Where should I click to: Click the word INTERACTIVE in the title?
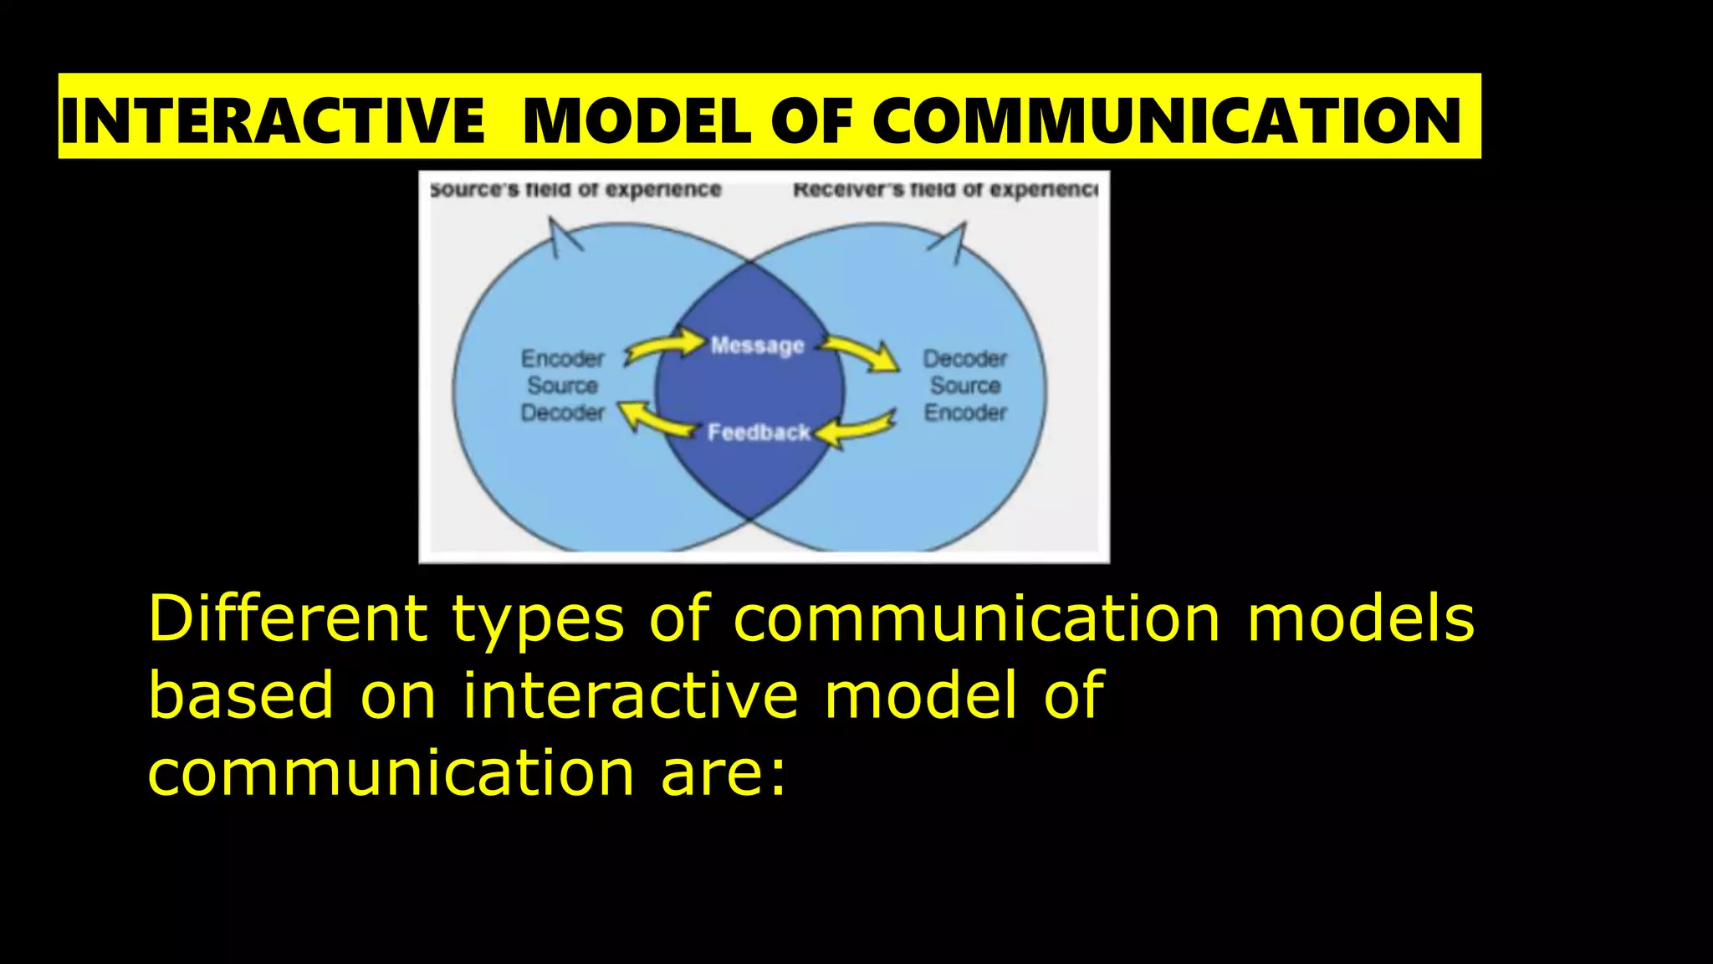[x=273, y=121]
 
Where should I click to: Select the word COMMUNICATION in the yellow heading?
[x=1167, y=121]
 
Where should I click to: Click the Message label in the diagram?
[x=757, y=346]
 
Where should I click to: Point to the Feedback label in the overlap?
[x=759, y=433]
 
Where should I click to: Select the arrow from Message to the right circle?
[x=861, y=352]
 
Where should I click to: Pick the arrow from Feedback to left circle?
[x=656, y=418]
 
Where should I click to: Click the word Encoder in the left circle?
[x=562, y=359]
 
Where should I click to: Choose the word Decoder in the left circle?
[x=562, y=413]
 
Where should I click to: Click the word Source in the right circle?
[x=965, y=386]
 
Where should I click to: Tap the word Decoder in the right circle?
[x=965, y=359]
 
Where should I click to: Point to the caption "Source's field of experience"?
[x=575, y=190]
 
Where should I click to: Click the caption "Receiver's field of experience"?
[x=945, y=190]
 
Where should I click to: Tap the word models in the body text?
[x=1361, y=619]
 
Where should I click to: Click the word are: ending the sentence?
[x=724, y=773]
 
